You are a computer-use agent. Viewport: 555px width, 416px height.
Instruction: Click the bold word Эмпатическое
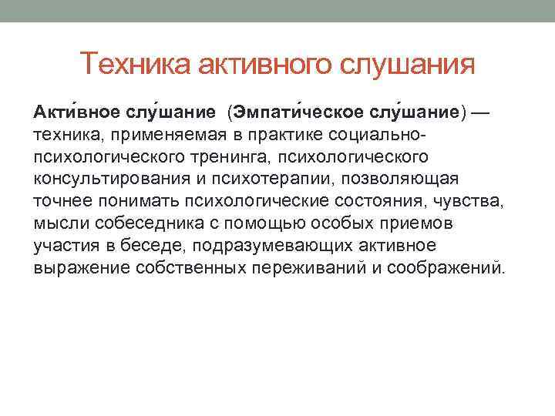coord(295,112)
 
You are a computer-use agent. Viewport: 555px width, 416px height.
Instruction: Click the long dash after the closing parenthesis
coord(480,112)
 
